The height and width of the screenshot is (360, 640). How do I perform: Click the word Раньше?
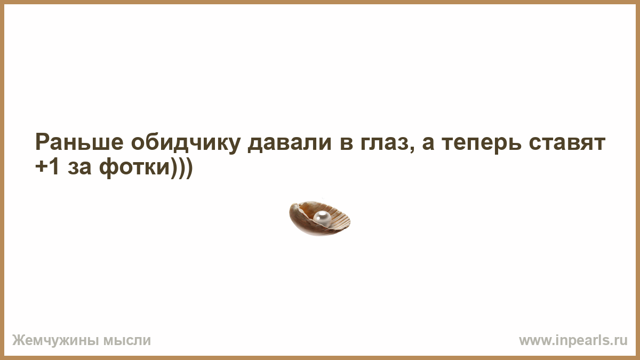pos(79,142)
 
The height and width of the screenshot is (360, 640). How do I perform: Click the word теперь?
pos(482,145)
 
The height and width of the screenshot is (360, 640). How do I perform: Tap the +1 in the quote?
pos(47,166)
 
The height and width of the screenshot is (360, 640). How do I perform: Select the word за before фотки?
pos(79,168)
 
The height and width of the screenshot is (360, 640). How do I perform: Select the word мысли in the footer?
pos(127,341)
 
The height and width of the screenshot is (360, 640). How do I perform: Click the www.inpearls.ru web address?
pos(573,340)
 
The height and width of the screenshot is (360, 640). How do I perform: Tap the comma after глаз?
pos(411,150)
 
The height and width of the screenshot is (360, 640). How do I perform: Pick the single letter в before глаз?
pos(346,144)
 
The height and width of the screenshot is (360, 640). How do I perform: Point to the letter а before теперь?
pos(428,144)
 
